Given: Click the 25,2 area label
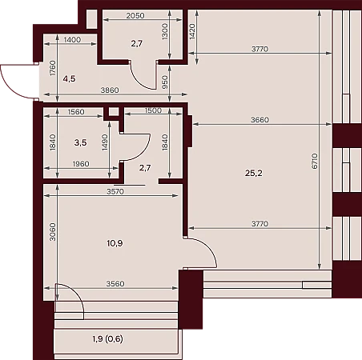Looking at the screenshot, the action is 254,174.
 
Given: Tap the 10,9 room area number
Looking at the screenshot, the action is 115,243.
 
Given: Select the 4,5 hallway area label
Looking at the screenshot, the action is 70,78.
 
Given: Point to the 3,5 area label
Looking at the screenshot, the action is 80,142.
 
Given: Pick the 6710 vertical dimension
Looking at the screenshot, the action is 315,161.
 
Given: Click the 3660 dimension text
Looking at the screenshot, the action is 259,120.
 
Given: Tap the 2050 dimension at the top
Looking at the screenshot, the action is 135,16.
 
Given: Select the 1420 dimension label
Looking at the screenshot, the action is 192,32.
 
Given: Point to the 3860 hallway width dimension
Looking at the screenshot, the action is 110,90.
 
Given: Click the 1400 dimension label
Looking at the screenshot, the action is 72,40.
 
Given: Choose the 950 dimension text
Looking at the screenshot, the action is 165,82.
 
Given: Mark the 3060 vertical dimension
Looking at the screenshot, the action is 53,232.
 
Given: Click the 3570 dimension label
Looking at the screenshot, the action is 115,191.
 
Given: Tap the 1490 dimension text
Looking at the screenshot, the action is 105,142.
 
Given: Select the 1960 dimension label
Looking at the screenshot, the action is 81,164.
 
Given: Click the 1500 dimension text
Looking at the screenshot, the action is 153,110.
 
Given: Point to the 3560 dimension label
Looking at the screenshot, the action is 115,284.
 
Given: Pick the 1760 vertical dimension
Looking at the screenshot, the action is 53,68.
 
